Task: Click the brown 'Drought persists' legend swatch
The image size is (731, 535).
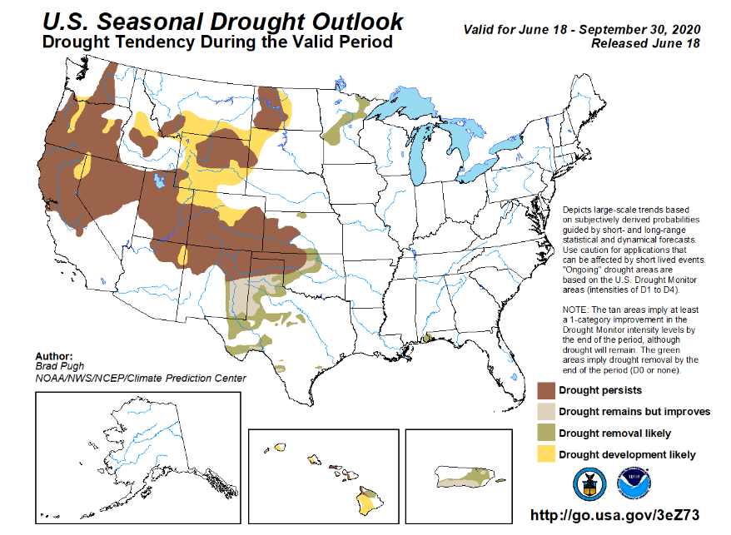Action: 546,390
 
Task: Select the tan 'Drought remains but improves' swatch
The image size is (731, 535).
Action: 546,412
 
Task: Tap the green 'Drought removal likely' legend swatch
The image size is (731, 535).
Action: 546,433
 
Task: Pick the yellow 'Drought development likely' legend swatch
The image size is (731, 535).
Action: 546,454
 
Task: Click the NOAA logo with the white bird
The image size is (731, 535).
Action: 634,484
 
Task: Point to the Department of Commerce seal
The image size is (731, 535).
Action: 589,484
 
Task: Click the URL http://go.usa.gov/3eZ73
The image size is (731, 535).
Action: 615,515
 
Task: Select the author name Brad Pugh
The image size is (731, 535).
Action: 60,367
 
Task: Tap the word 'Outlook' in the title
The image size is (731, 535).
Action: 357,22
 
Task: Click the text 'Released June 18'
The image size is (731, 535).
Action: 646,43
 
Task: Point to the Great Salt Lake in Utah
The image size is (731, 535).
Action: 160,181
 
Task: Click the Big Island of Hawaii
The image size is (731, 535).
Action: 369,501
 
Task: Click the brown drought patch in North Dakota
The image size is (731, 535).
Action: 271,109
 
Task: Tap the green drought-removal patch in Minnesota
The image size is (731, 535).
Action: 345,123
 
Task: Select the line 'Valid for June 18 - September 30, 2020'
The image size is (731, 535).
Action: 582,29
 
